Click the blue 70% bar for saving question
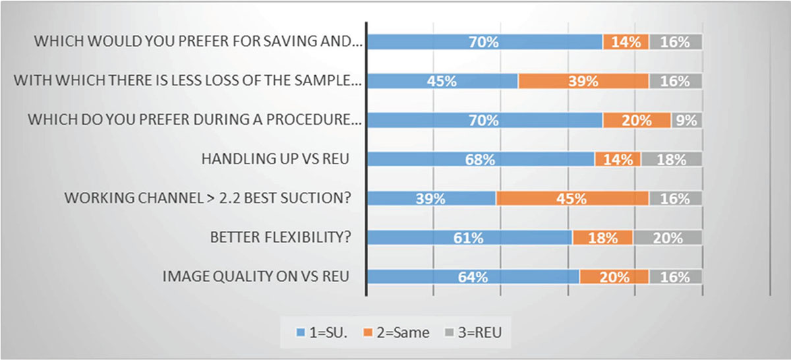(x=484, y=42)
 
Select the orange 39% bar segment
(x=583, y=81)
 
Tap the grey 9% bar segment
(x=686, y=121)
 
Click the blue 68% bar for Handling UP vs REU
(x=481, y=160)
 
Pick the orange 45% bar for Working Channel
(x=572, y=198)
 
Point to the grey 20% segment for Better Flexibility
(x=667, y=238)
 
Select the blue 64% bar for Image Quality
(x=473, y=277)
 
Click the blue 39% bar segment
(x=432, y=198)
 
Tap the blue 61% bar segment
(x=469, y=238)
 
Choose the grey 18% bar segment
(x=671, y=160)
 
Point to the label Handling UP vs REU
(x=274, y=160)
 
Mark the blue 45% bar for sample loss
(x=442, y=81)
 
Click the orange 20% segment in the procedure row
(x=637, y=121)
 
